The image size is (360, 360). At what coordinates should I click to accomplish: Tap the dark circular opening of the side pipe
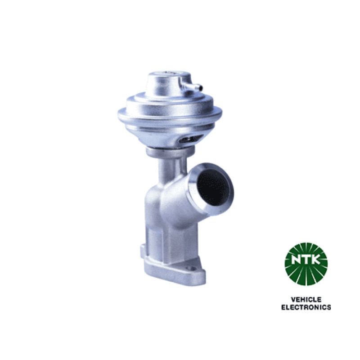213,188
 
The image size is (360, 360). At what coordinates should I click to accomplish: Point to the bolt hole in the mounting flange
190,268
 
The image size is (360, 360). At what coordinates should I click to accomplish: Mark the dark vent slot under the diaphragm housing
190,139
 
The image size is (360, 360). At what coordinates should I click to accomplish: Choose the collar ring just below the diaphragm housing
170,152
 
